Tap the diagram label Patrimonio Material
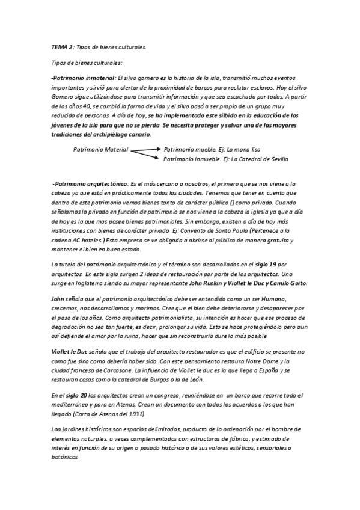(100, 149)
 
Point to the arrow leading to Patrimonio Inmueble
(146, 156)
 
